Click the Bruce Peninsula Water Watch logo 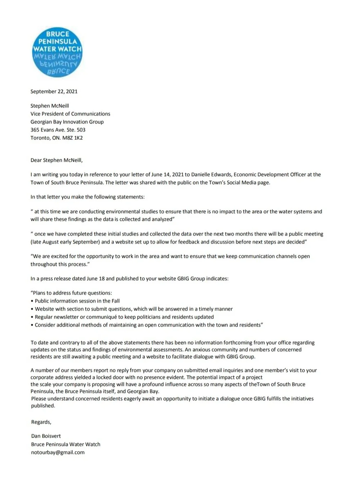57,53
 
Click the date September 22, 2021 54,92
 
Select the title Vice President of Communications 70,114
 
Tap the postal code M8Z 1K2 73,138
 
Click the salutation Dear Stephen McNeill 57,160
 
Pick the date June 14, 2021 168,175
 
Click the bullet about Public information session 77,301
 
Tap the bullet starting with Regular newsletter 124,317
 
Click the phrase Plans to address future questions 72,293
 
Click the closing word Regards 41,422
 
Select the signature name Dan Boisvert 46,436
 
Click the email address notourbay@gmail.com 58,452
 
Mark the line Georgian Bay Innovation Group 67,122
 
